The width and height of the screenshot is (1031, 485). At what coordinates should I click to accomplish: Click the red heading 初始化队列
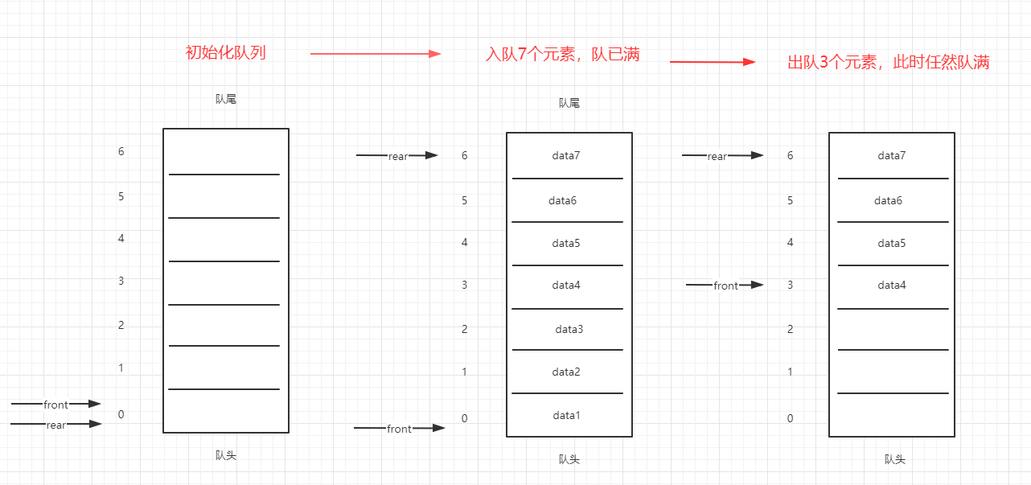click(x=225, y=53)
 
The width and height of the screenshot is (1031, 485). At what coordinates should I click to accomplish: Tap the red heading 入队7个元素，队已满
click(x=563, y=55)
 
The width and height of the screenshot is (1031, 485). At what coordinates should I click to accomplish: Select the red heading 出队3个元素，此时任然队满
click(x=888, y=63)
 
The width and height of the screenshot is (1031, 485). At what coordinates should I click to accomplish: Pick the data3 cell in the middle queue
click(x=569, y=329)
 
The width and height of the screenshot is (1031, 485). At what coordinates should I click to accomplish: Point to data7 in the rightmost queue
click(x=891, y=155)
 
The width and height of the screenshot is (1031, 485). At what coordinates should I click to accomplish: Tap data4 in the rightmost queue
click(x=891, y=285)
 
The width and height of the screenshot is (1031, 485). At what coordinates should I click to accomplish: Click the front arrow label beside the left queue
click(x=56, y=405)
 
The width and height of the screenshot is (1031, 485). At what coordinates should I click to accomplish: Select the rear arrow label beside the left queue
click(x=56, y=425)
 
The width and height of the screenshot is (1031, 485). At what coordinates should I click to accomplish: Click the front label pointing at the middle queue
click(x=399, y=429)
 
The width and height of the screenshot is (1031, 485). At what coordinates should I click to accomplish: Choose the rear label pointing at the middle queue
click(x=398, y=156)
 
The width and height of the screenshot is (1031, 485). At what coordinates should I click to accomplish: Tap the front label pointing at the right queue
click(x=725, y=286)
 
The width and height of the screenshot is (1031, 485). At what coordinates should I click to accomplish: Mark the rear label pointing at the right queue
click(x=717, y=156)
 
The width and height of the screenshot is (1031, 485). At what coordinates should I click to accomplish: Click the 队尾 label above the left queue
click(x=226, y=100)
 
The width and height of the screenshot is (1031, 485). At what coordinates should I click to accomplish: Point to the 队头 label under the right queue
click(x=894, y=459)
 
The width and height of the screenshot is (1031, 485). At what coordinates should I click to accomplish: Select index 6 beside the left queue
click(x=121, y=151)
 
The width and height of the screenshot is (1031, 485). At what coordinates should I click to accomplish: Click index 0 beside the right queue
click(x=790, y=418)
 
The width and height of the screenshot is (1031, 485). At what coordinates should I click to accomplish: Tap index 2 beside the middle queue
click(x=464, y=329)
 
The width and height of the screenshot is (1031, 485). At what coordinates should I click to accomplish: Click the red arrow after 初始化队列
click(x=376, y=54)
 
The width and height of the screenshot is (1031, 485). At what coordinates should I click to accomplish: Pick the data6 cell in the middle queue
click(x=563, y=200)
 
